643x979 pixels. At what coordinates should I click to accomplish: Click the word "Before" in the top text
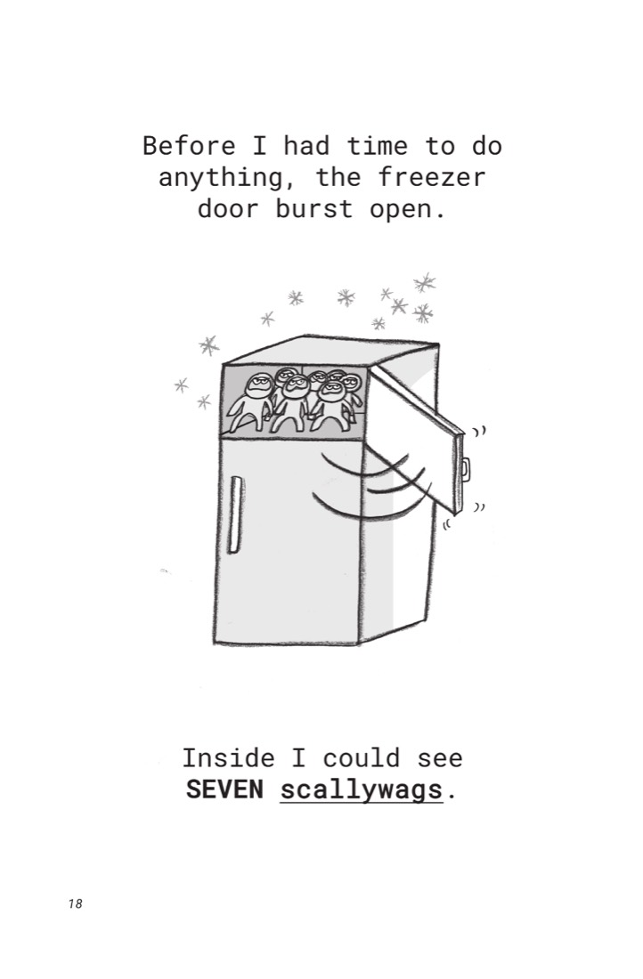coord(190,146)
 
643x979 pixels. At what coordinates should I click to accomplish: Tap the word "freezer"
coord(432,177)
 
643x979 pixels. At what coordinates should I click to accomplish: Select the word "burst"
coord(314,208)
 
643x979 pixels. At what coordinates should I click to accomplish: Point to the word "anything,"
coord(229,179)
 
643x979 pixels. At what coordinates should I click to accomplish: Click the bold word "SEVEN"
coord(225,789)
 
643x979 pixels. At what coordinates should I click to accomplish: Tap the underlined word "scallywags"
coord(362,790)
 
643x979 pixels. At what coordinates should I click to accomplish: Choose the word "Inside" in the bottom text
coord(228,758)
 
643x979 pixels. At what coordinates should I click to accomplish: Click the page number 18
coord(75,903)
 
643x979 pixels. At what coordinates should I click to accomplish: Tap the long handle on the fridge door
coord(235,514)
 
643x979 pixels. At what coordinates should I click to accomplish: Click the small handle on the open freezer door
coord(466,469)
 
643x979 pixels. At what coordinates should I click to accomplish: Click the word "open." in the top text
coord(408,209)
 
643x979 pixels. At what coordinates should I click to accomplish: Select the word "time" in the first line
coord(378,146)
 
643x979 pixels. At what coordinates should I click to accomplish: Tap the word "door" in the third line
coord(228,208)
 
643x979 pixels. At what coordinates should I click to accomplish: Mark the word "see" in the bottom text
coord(440,759)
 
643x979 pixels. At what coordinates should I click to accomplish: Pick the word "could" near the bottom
coord(362,758)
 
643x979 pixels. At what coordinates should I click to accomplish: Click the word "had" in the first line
coord(306,146)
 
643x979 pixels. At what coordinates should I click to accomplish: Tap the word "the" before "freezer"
coord(338,177)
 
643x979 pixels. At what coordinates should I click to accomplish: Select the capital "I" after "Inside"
coord(298,758)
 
